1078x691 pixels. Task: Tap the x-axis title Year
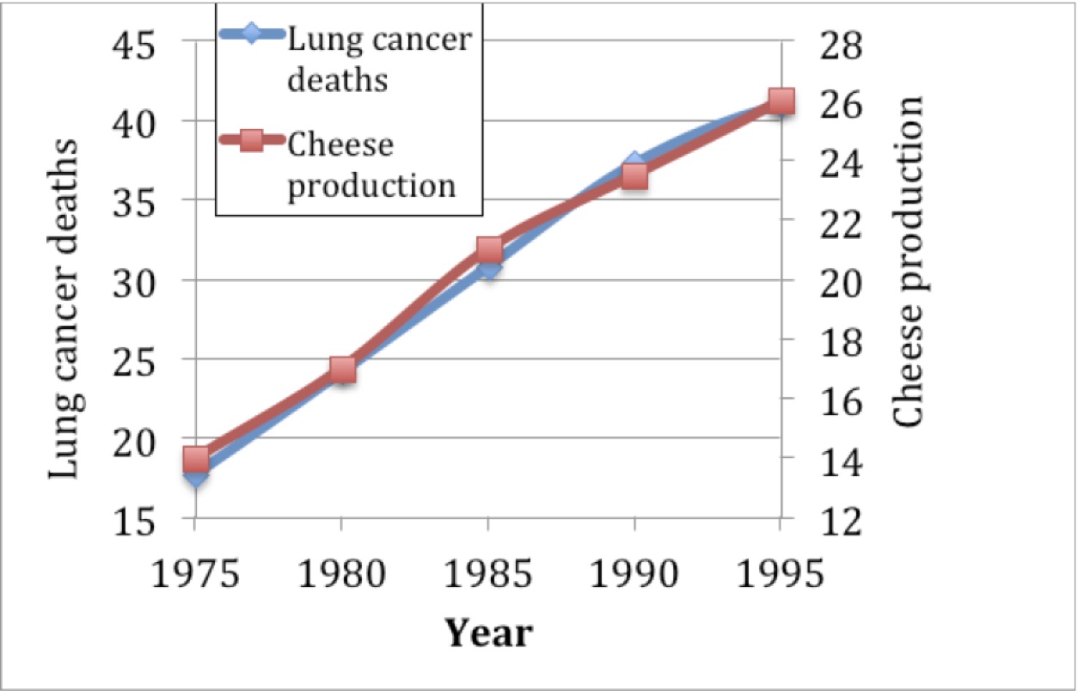488,633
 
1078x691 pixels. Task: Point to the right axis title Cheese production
908,261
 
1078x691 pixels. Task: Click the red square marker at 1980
342,370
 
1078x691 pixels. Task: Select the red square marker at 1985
488,250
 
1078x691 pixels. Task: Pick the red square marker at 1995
781,102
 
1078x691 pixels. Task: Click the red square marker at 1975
196,458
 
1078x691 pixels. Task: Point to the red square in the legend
250,144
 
